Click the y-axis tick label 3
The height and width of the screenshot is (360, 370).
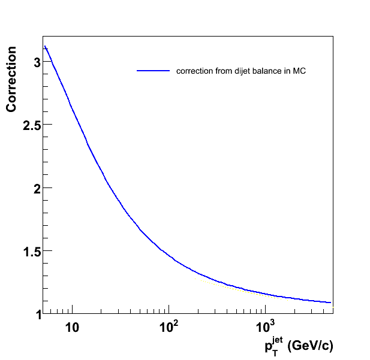(x=37, y=62)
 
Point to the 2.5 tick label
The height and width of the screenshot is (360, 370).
(x=31, y=125)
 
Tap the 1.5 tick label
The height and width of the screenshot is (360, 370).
(x=31, y=252)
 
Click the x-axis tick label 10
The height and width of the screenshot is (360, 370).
(x=72, y=327)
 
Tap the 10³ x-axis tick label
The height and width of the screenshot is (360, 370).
(x=265, y=326)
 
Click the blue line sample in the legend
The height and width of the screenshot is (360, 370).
(x=153, y=71)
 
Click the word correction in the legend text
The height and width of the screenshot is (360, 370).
(x=194, y=71)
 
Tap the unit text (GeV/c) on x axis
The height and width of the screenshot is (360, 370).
(x=311, y=346)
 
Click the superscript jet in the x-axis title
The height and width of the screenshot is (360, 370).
(x=277, y=340)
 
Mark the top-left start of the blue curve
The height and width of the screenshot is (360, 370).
(x=44, y=46)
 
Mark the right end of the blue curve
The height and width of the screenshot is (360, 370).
(x=331, y=302)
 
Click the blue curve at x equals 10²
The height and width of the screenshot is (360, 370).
(x=169, y=255)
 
